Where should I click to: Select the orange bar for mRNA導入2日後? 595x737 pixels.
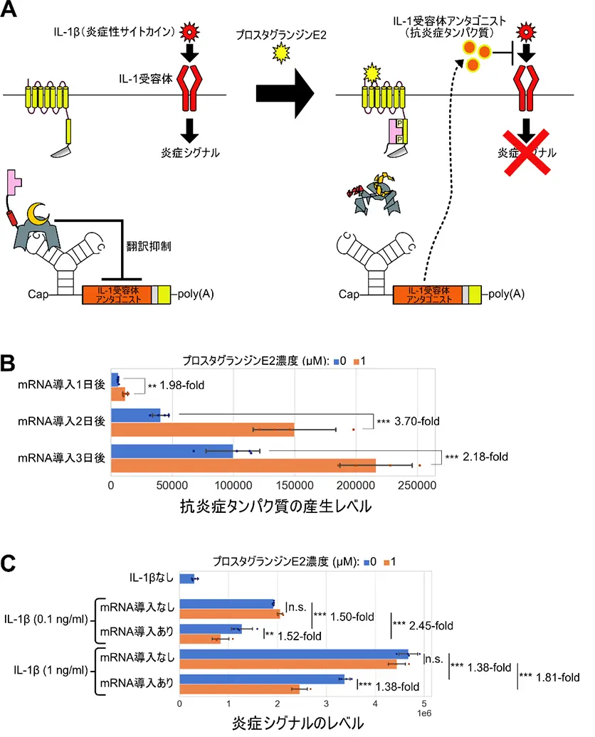click(202, 429)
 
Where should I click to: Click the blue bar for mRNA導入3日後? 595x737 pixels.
click(172, 451)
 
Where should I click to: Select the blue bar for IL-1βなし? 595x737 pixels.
click(186, 579)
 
